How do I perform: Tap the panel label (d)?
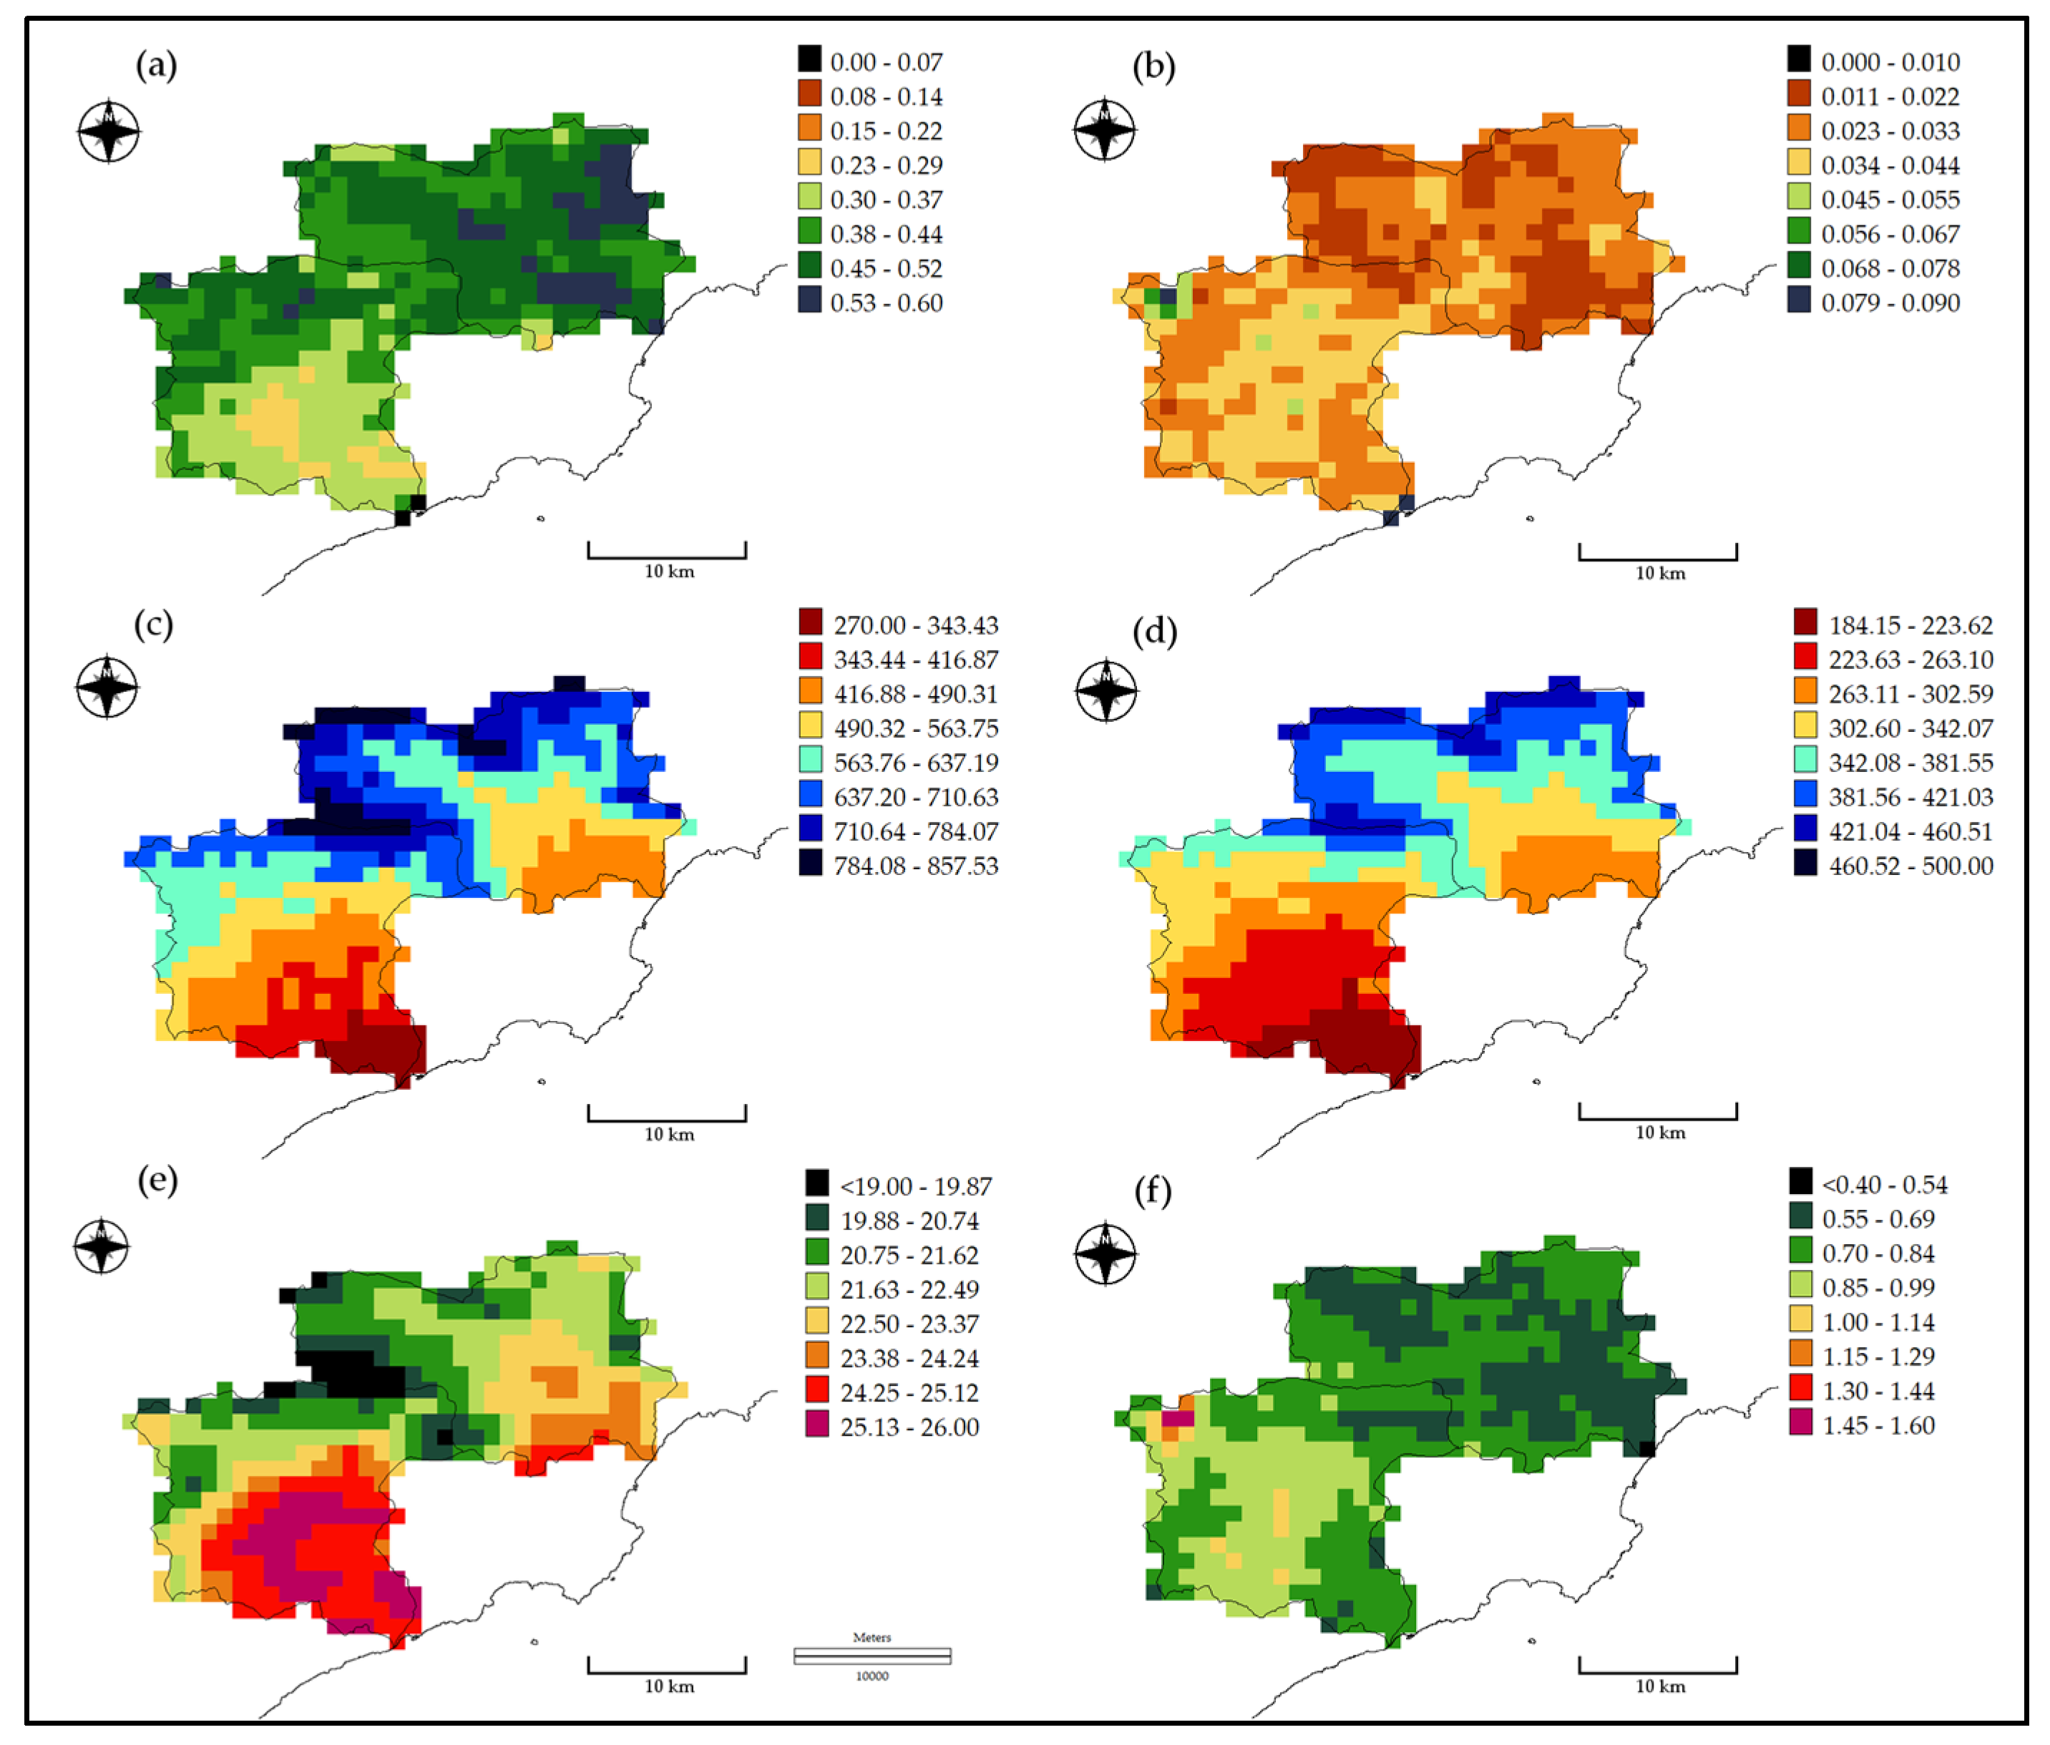click(1153, 630)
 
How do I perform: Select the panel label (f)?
click(1151, 1190)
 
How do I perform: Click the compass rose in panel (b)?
click(1104, 129)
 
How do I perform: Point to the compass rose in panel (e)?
click(102, 1246)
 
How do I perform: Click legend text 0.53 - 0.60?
click(886, 303)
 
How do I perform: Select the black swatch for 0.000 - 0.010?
click(1799, 59)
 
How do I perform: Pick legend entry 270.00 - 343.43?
click(915, 625)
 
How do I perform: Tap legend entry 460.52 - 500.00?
click(1910, 866)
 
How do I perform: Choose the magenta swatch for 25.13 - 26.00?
click(816, 1425)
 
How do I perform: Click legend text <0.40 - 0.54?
click(1884, 1185)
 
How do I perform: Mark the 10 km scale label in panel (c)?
click(669, 1135)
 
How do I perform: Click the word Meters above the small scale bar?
click(871, 1637)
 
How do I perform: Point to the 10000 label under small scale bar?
click(872, 1676)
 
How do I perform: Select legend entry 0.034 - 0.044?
click(1890, 165)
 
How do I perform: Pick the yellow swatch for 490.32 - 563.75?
click(810, 727)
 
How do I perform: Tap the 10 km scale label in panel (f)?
click(1659, 1686)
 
